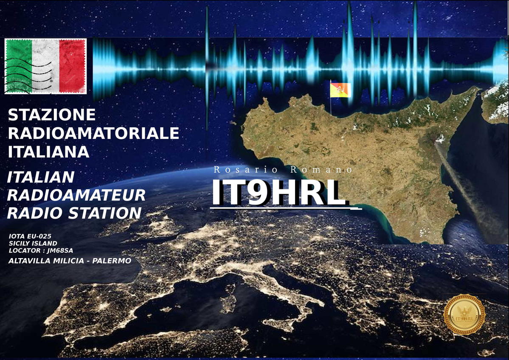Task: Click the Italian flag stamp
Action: coord(45,66)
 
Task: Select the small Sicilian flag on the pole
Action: coord(340,90)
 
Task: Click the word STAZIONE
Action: coord(52,115)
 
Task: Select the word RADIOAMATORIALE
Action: coord(93,133)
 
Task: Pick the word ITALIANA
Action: coord(49,152)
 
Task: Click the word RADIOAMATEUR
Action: coord(76,195)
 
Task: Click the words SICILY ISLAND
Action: coord(33,243)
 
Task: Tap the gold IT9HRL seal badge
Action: coord(464,315)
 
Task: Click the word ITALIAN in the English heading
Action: coord(41,177)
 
